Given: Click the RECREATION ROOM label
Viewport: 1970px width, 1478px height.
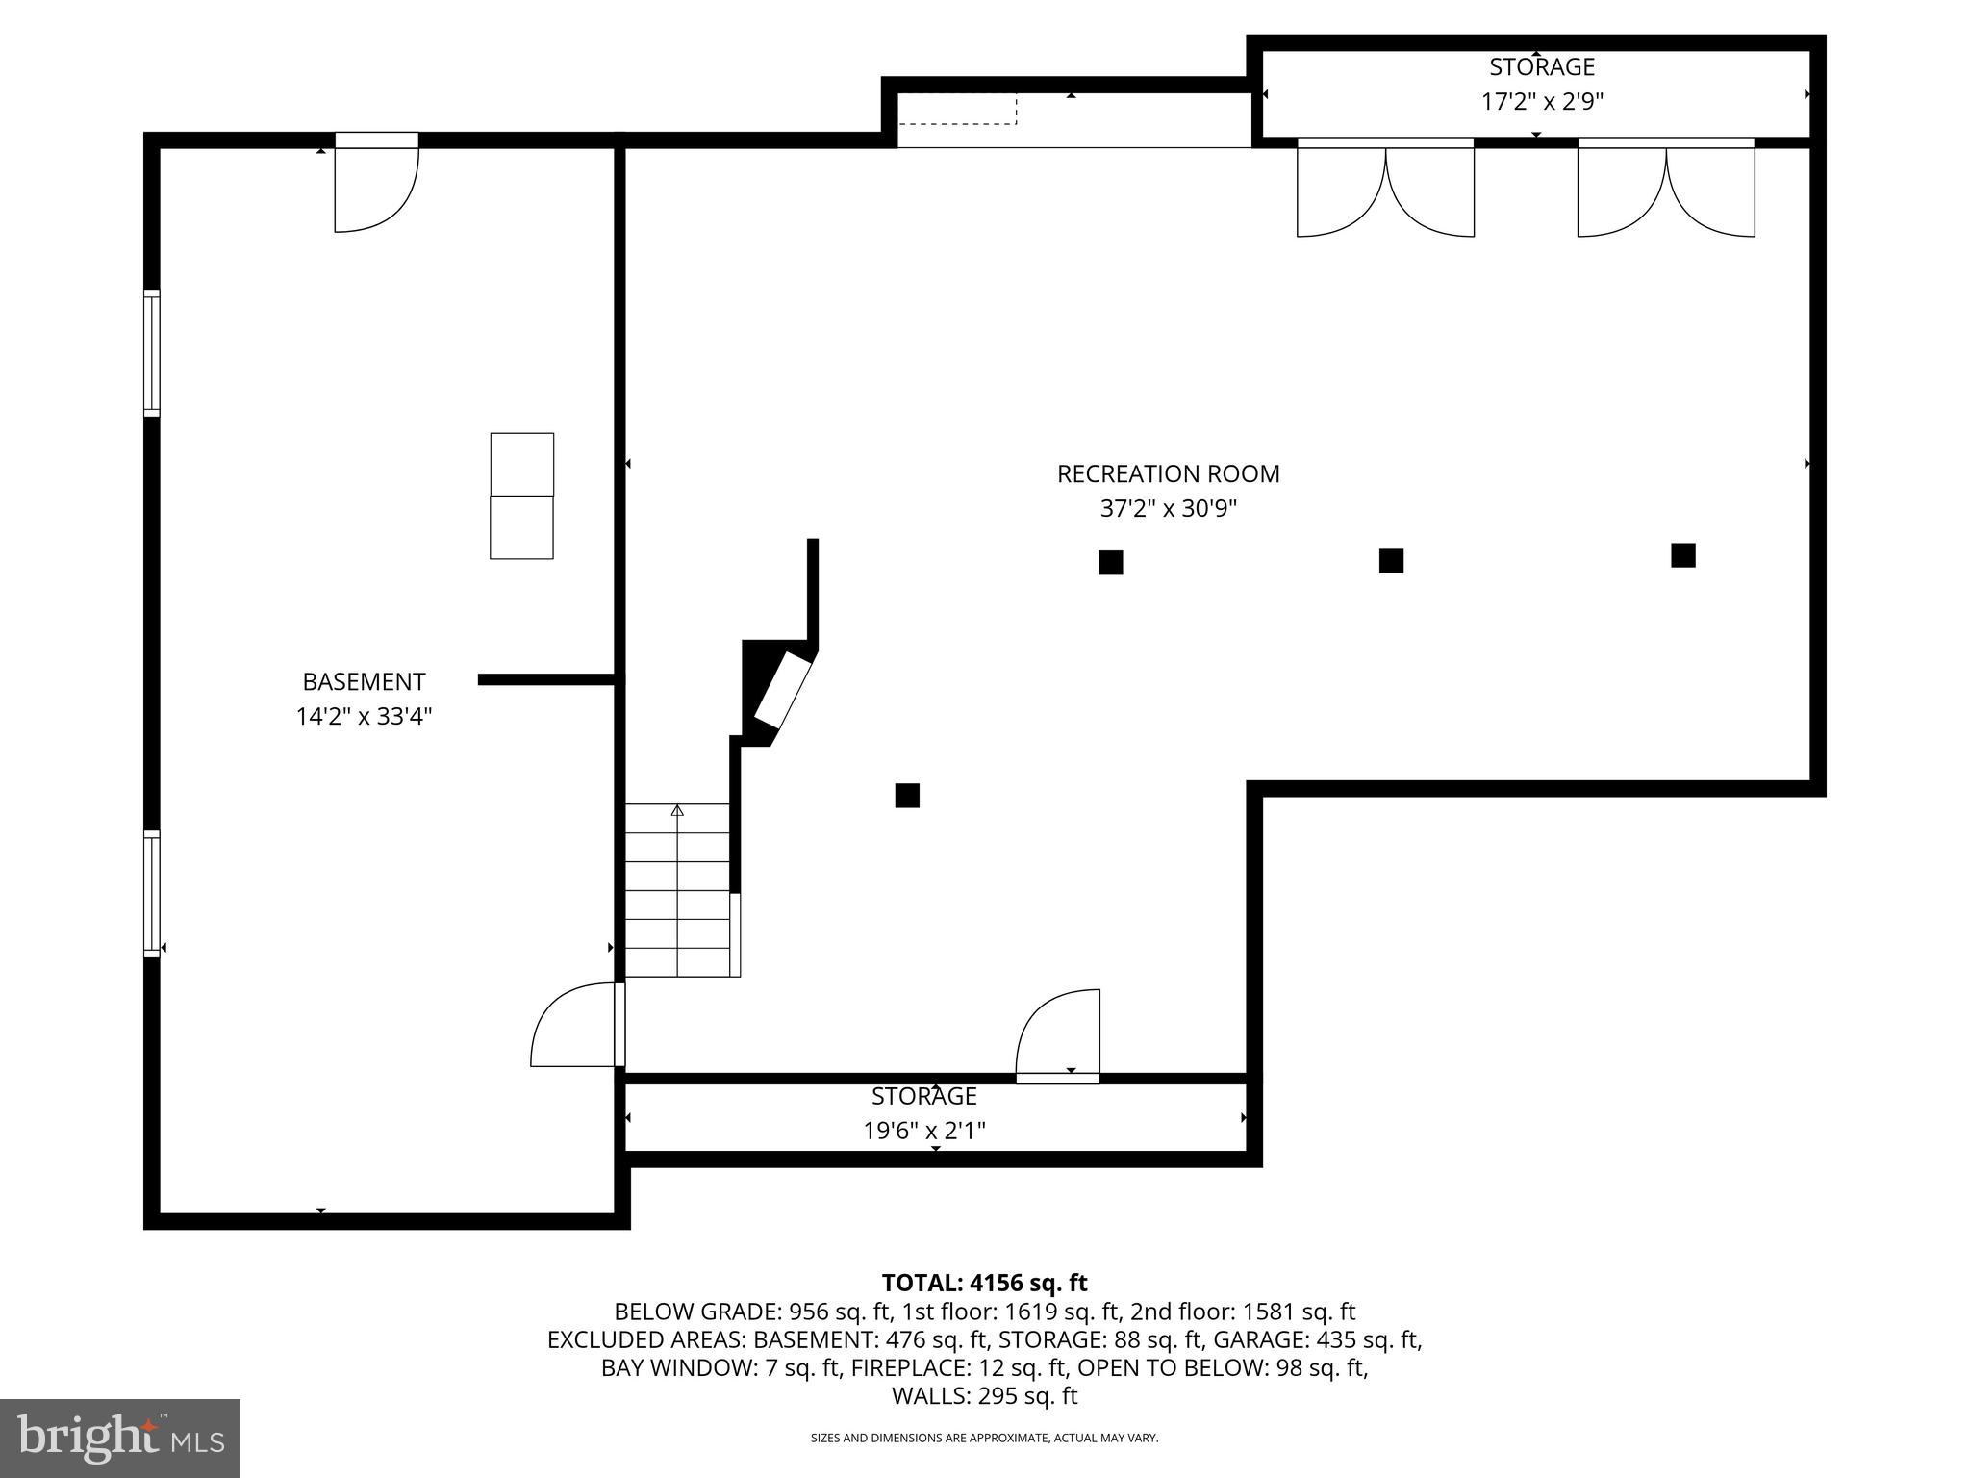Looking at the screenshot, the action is (x=1168, y=473).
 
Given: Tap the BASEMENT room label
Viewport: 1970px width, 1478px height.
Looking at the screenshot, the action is (x=364, y=681).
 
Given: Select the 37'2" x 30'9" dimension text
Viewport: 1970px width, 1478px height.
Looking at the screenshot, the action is (x=1168, y=508).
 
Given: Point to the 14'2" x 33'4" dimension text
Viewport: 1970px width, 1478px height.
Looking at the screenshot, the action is (x=364, y=716).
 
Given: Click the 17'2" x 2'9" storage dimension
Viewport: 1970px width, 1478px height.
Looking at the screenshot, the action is (x=1542, y=101).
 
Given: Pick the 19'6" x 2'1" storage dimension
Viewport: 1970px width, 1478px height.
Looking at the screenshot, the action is (x=924, y=1130).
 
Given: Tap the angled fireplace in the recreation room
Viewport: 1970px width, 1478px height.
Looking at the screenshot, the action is (x=779, y=692).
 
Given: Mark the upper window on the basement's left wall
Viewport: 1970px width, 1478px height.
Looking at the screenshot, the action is (x=152, y=353).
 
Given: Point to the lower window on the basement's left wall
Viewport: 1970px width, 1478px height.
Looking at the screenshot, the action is (x=152, y=894).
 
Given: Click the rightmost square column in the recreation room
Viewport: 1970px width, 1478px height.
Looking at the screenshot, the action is (x=1683, y=555).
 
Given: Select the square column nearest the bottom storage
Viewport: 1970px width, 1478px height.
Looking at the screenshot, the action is (x=907, y=796).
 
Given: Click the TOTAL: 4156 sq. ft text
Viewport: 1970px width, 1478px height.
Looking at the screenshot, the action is (x=984, y=1283).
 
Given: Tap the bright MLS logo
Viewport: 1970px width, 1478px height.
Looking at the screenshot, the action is (x=120, y=1439).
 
